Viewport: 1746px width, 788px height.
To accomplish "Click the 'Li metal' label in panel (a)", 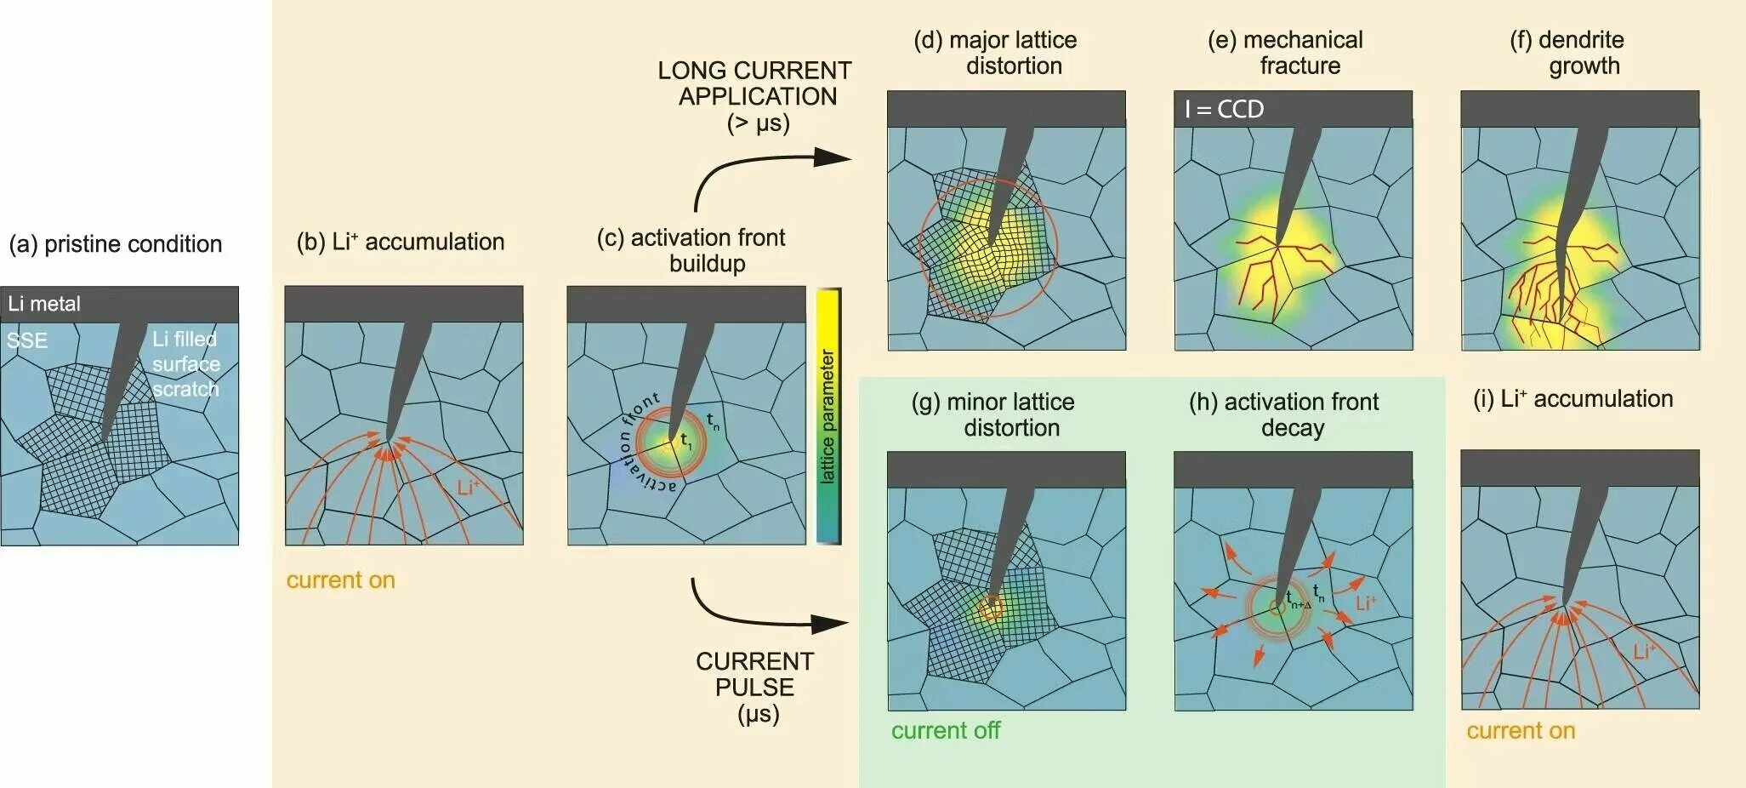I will pyautogui.click(x=44, y=304).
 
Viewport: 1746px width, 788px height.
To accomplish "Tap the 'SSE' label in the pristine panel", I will pyautogui.click(x=27, y=340).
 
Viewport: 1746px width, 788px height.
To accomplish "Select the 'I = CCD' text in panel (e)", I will pyautogui.click(x=1224, y=109).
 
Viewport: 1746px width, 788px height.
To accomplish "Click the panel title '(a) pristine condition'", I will pyautogui.click(x=116, y=244).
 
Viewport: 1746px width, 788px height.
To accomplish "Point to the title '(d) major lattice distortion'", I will pyautogui.click(x=996, y=53).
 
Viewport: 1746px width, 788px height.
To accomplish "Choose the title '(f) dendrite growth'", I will pyautogui.click(x=1567, y=53).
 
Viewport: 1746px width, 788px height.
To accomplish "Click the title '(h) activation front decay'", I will pyautogui.click(x=1283, y=414).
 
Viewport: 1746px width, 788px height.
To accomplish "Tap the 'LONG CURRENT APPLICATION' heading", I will pyautogui.click(x=755, y=83).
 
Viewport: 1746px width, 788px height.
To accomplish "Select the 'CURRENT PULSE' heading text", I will pyautogui.click(x=755, y=674).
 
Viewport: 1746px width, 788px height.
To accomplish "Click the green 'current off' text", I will pyautogui.click(x=945, y=730).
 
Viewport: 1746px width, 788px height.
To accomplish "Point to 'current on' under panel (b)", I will pyautogui.click(x=340, y=580).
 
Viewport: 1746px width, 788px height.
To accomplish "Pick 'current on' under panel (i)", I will pyautogui.click(x=1521, y=730).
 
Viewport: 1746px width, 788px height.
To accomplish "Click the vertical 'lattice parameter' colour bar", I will pyautogui.click(x=828, y=416).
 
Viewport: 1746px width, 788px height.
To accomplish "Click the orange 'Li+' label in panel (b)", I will pyautogui.click(x=468, y=488).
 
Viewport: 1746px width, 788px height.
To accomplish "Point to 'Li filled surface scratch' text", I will pyautogui.click(x=185, y=364).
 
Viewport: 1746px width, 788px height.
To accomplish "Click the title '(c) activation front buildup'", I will pyautogui.click(x=691, y=250).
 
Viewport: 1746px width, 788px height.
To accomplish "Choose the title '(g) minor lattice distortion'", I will pyautogui.click(x=993, y=414).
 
